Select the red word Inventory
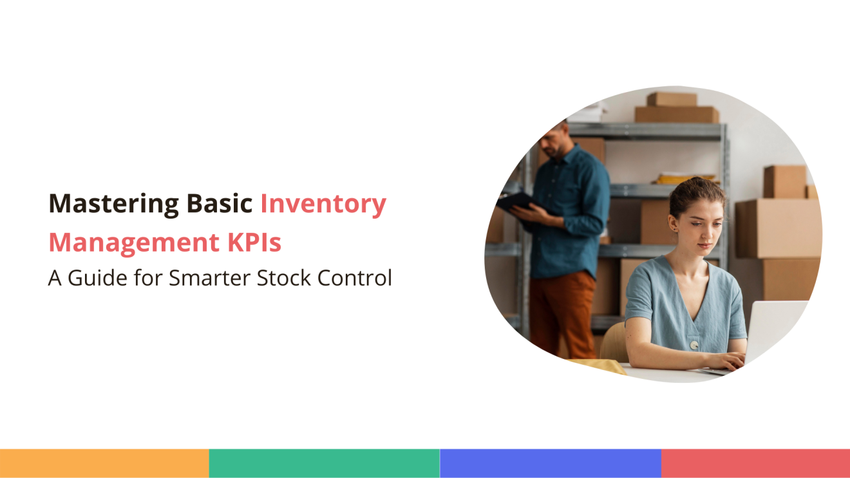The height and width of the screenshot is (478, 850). coord(323,205)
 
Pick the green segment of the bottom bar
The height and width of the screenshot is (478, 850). coord(324,463)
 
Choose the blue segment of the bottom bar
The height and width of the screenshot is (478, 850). coord(551,463)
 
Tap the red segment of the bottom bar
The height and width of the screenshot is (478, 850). coord(755,463)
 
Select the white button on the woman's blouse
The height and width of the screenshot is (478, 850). coord(694,345)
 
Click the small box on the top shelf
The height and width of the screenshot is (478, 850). coord(672,99)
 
